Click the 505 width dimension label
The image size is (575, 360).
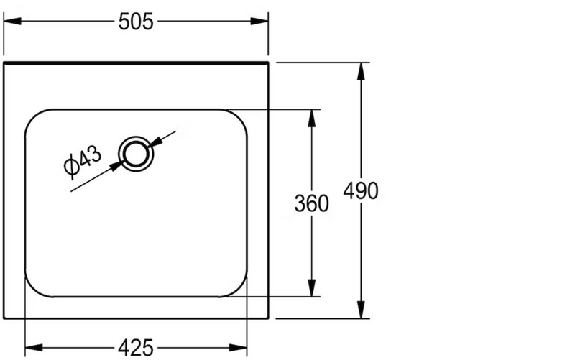[x=136, y=22]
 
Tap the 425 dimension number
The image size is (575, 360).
[x=136, y=348]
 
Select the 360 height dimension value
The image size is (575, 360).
[x=312, y=203]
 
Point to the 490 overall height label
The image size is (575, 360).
[x=361, y=190]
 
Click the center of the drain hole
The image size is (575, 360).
[x=136, y=154]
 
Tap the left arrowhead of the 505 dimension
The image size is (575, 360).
[x=12, y=22]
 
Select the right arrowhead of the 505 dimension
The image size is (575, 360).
[x=259, y=22]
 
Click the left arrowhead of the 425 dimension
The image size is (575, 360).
[x=34, y=347]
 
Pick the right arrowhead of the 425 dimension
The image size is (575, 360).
[x=239, y=347]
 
